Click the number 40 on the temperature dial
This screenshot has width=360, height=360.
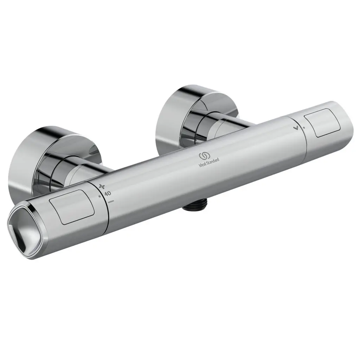click(x=108, y=193)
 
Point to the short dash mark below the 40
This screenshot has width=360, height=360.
click(x=111, y=201)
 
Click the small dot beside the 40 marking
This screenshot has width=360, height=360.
click(x=100, y=196)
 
